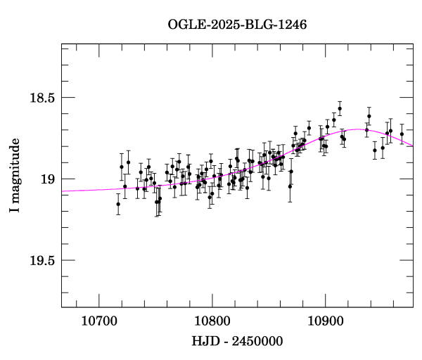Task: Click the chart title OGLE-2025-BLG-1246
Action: pyautogui.click(x=237, y=25)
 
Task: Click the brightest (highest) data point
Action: pyautogui.click(x=340, y=109)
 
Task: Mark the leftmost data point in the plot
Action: pyautogui.click(x=118, y=204)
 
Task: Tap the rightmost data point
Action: pyautogui.click(x=402, y=134)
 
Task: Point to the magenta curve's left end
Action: pyautogui.click(x=62, y=191)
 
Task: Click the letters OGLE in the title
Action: pyautogui.click(x=184, y=25)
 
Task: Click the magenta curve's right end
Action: pyautogui.click(x=413, y=146)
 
